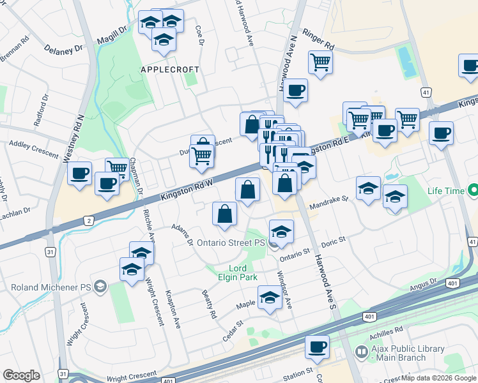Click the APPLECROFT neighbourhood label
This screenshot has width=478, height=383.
pos(169,69)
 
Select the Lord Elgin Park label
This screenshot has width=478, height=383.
pos(237,273)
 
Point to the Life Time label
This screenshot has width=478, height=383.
pos(446,191)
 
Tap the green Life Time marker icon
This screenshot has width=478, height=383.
pos(474,190)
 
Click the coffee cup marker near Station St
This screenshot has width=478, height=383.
pos(317,348)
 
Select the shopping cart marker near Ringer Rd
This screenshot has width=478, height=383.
pos(320,63)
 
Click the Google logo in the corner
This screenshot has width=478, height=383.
pos(21,375)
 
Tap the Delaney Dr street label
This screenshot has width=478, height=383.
pos(64,48)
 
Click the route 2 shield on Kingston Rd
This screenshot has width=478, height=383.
pos(88,221)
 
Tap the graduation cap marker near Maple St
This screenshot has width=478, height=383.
pos(270,297)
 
